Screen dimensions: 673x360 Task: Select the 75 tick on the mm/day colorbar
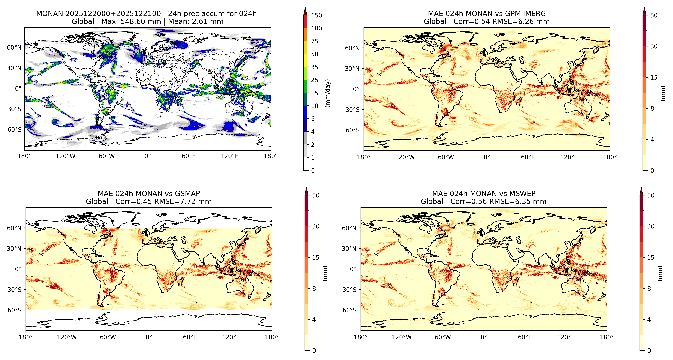tap(315, 41)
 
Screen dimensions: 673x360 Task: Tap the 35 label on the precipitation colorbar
tap(315, 67)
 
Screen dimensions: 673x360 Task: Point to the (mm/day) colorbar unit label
tap(328, 93)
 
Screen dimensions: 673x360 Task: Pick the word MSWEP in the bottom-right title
tap(523, 194)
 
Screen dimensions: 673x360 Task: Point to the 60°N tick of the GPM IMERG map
tap(352, 48)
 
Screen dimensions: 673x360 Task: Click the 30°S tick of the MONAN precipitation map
tap(14, 109)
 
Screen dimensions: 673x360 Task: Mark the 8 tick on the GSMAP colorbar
tap(314, 288)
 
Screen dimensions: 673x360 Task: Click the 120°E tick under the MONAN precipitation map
tap(230, 156)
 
